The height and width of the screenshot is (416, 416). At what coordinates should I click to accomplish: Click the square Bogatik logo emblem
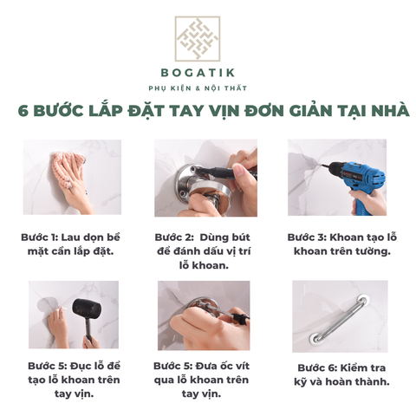coord(198,38)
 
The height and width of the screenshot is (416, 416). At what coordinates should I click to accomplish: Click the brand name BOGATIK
coord(198,73)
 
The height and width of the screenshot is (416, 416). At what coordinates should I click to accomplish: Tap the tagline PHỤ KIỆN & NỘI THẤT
coord(198,88)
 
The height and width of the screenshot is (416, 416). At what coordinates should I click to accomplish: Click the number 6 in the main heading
coord(23,111)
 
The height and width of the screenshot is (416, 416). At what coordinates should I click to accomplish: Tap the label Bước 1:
coord(40,237)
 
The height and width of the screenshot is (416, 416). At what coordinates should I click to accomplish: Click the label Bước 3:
coord(307,237)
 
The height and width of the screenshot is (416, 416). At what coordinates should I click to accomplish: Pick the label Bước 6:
coord(317,368)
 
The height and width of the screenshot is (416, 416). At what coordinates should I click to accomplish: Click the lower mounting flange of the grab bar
coord(315,339)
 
